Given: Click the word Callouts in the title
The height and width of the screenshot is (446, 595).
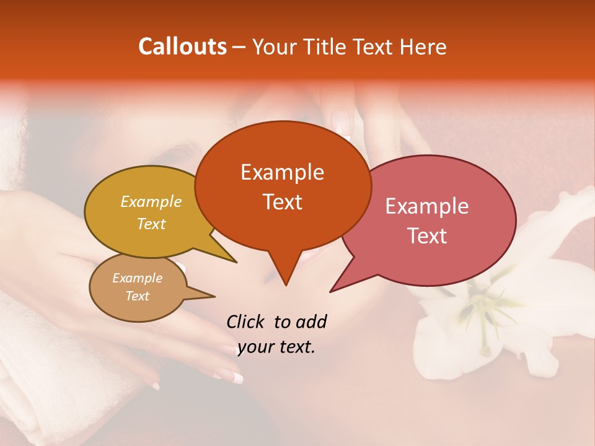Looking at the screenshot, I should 182,46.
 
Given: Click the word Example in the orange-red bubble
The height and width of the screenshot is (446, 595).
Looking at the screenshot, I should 282,172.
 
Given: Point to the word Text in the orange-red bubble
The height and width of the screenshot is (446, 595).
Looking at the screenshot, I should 282,202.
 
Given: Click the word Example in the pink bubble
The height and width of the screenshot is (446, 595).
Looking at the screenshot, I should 427,206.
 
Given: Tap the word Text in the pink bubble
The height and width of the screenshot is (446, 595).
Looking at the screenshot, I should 427,236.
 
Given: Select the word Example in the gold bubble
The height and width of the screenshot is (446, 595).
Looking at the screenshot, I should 151,202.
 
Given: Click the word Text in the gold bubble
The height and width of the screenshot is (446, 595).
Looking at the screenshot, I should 151,224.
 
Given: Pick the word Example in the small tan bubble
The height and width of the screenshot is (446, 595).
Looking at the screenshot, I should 138,278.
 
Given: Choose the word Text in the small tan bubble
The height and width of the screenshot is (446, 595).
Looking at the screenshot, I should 138,296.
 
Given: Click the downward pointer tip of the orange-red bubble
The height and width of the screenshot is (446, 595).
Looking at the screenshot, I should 286,284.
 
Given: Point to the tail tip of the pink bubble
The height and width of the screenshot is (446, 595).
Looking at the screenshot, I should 331,291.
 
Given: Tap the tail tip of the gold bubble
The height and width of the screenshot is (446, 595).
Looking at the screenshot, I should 236,262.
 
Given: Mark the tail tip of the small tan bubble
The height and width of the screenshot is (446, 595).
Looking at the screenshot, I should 214,295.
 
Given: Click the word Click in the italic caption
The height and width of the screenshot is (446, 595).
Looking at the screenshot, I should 245,322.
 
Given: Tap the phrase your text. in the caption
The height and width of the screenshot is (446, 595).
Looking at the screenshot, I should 276,348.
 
